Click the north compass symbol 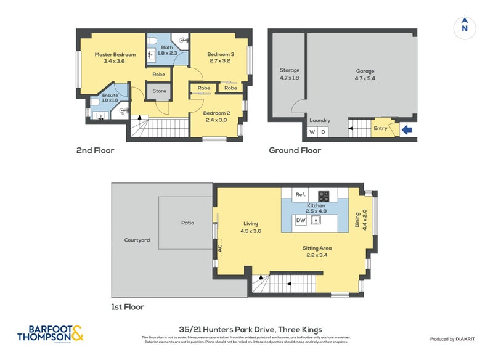click(465, 27)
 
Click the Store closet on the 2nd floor click(159, 91)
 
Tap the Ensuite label click(110, 96)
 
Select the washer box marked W click(311, 133)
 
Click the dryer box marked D click(323, 133)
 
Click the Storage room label click(289, 71)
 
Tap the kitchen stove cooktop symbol click(324, 196)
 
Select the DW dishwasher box click(301, 220)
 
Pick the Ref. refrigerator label click(300, 195)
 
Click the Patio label click(187, 223)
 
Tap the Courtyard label click(137, 240)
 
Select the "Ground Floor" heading click(295, 150)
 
